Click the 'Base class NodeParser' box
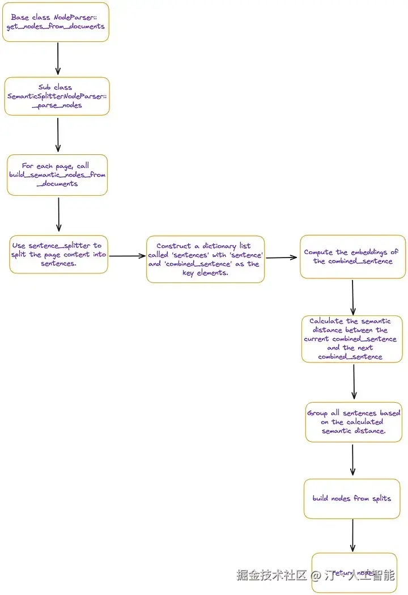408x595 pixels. click(56, 22)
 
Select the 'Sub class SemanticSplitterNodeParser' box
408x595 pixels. click(57, 96)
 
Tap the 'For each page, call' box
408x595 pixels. click(57, 175)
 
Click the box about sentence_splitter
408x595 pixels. click(58, 255)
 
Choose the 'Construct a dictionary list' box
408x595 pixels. click(205, 259)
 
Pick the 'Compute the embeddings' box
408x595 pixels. click(352, 257)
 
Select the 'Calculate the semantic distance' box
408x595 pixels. click(352, 339)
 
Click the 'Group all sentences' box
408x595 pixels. click(353, 423)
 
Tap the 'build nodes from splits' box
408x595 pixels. click(352, 499)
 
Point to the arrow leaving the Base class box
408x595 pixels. click(58, 59)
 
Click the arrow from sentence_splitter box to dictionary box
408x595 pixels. click(127, 256)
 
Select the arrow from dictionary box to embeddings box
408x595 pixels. click(282, 258)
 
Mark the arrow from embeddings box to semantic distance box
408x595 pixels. click(352, 297)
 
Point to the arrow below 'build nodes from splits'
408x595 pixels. click(352, 535)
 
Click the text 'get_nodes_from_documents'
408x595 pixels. click(56, 27)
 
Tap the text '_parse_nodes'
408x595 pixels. click(57, 105)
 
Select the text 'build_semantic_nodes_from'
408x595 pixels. click(57, 175)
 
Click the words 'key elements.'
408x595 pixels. click(205, 273)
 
